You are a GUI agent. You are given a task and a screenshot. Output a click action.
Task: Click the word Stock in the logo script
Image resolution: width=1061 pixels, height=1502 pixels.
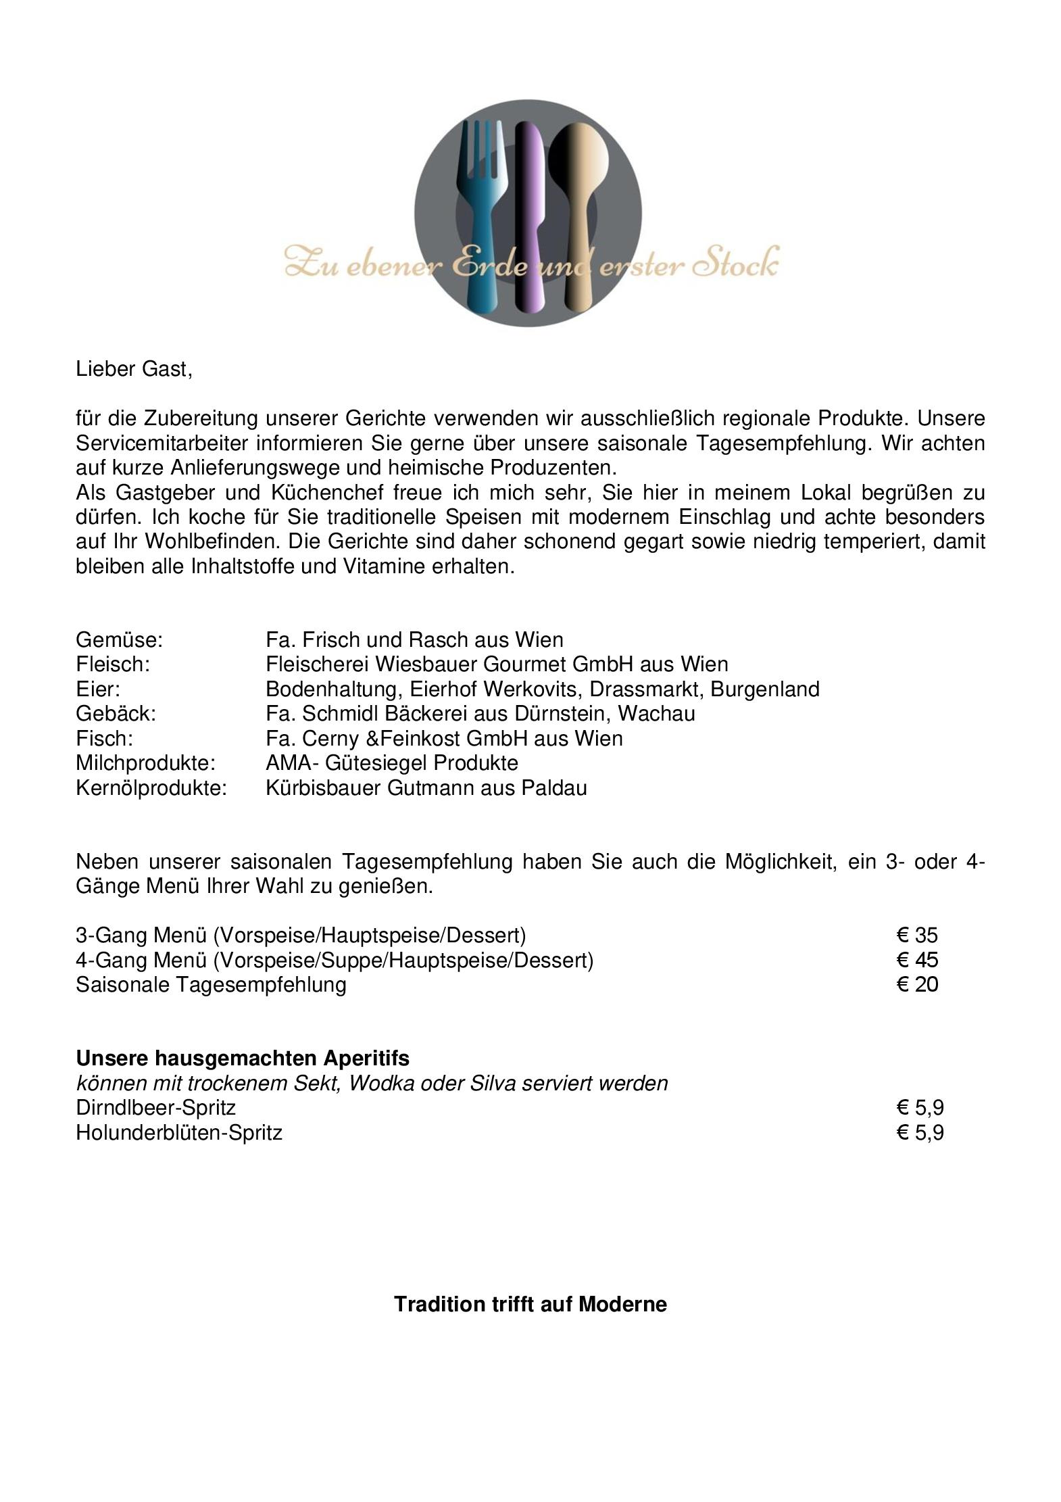pyautogui.click(x=737, y=264)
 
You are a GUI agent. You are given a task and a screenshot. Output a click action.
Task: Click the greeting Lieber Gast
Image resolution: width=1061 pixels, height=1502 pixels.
pyautogui.click(x=134, y=370)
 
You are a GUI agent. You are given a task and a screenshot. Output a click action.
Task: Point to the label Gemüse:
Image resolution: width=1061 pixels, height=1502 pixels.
pyautogui.click(x=119, y=639)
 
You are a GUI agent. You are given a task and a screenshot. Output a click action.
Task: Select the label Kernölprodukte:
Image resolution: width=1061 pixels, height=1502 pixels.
pyautogui.click(x=151, y=788)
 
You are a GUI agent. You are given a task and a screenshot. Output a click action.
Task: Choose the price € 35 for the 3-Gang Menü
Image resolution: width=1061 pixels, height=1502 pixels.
pyautogui.click(x=917, y=936)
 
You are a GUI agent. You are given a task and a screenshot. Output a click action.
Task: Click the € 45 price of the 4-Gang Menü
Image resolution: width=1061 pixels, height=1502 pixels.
pyautogui.click(x=917, y=960)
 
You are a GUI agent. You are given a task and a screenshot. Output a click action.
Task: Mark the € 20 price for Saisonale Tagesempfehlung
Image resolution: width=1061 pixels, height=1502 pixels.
pyautogui.click(x=917, y=984)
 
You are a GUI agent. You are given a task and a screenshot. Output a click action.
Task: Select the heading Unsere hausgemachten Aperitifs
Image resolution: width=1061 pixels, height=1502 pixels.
pyautogui.click(x=243, y=1058)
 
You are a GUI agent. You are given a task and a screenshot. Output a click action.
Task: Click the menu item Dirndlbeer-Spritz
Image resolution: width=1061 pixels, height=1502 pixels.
pyautogui.click(x=155, y=1107)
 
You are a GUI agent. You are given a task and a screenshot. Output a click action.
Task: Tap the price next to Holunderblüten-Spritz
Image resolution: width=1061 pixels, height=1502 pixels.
pyautogui.click(x=920, y=1132)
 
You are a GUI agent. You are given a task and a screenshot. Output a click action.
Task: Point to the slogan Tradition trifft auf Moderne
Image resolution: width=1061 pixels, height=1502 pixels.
pyautogui.click(x=530, y=1304)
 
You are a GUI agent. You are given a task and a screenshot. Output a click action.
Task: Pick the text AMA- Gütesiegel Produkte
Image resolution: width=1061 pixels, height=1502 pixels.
pyautogui.click(x=392, y=763)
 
